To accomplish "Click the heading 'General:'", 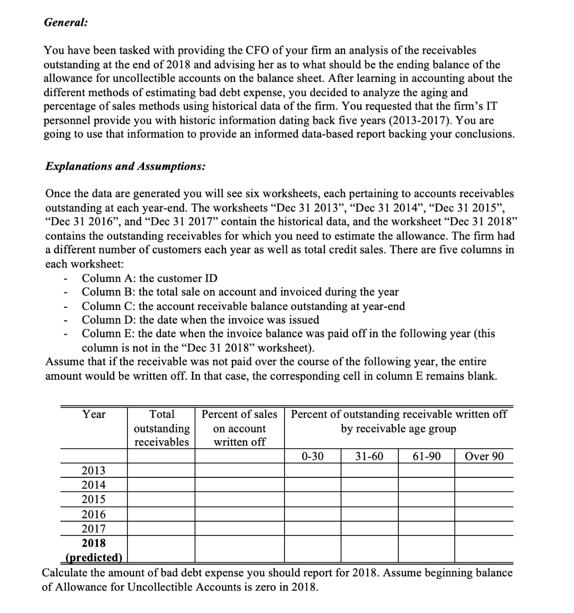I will pos(59,22).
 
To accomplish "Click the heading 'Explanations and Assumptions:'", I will pos(125,166).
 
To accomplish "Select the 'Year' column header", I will pos(94,414).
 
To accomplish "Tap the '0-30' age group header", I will pos(312,456).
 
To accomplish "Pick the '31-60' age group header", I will pos(369,456).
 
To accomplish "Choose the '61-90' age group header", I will pos(426,456).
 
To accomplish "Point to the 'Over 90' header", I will pos(484,456).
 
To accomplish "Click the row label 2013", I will pos(93,470).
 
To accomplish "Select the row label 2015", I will pos(93,499).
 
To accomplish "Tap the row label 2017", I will pos(93,529).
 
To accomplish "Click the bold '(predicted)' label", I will pos(93,557).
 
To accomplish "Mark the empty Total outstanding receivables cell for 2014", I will pos(162,485).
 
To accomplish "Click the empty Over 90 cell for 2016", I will pos(484,514).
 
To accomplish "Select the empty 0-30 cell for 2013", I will pos(312,470).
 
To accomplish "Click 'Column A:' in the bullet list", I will pos(109,278).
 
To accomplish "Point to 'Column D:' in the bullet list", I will pos(109,320).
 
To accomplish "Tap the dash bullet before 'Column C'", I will pos(65,307).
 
